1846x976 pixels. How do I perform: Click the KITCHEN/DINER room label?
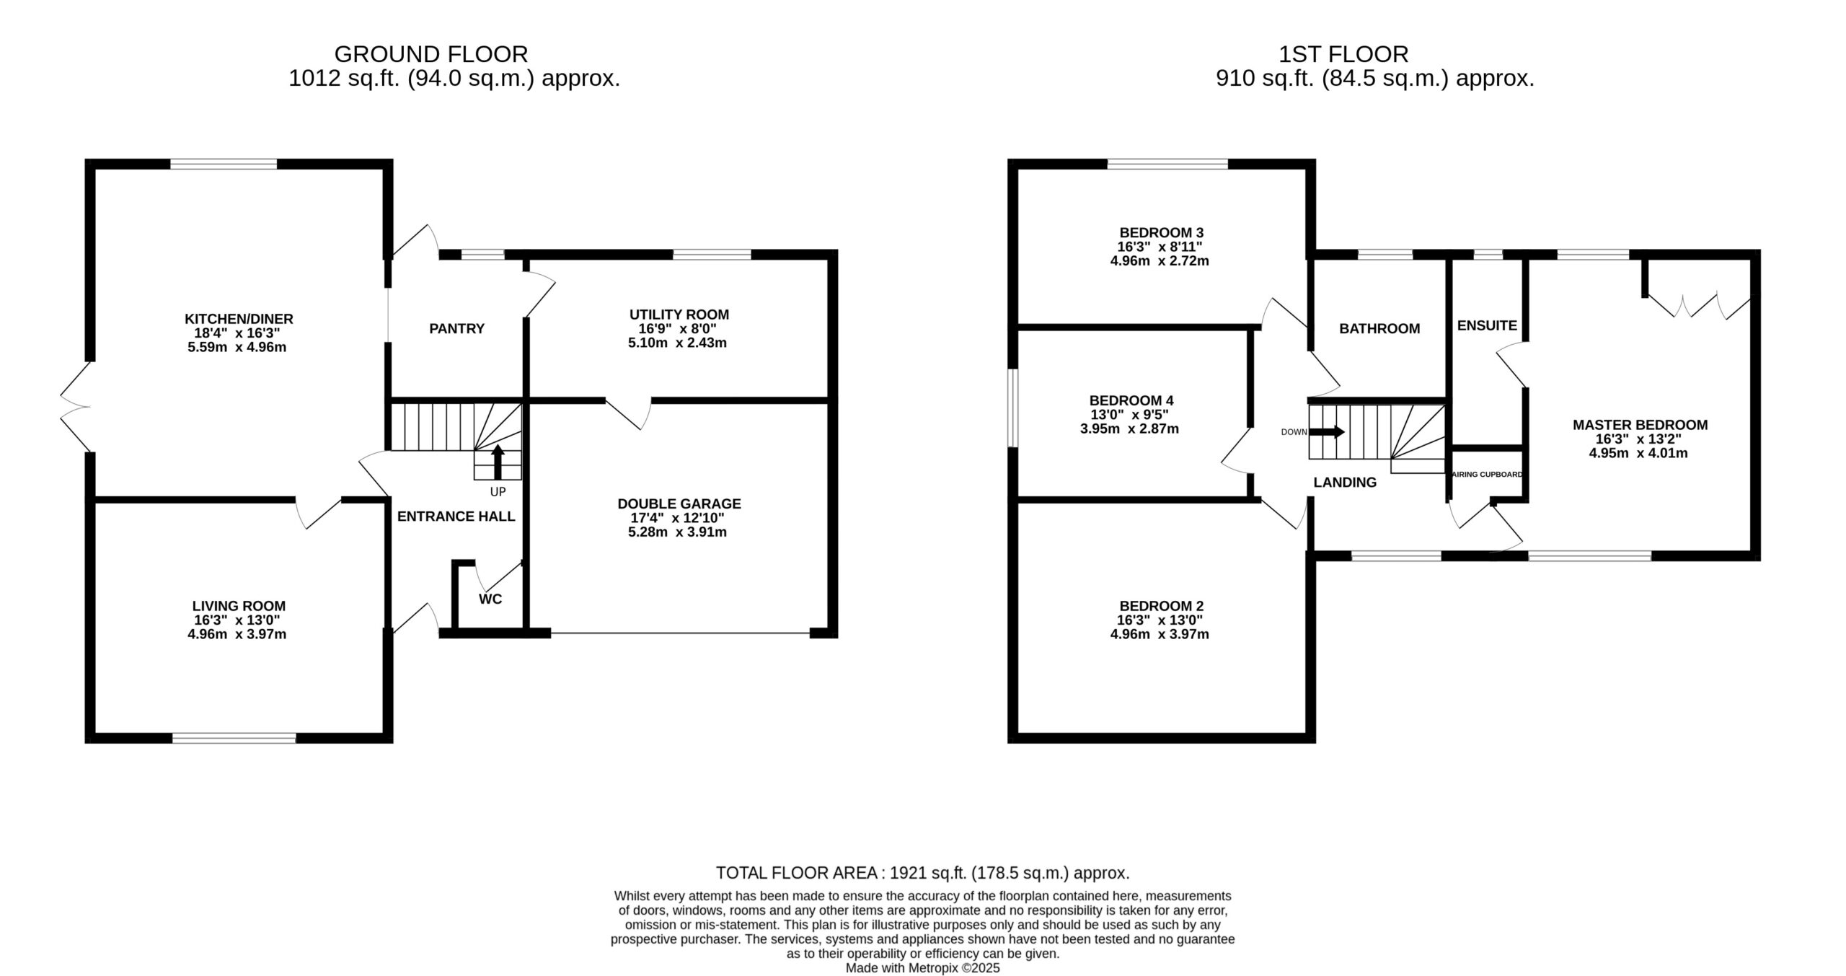click(x=239, y=319)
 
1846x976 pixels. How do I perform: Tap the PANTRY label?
click(x=456, y=329)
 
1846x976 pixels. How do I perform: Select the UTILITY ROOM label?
click(x=679, y=315)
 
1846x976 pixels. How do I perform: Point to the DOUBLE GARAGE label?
click(x=679, y=504)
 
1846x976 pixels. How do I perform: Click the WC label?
click(x=490, y=599)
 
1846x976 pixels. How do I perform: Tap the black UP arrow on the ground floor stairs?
click(x=498, y=462)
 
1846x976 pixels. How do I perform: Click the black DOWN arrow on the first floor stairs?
click(x=1327, y=432)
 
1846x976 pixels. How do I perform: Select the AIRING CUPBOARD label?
click(x=1487, y=474)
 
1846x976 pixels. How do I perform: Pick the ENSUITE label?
click(x=1487, y=325)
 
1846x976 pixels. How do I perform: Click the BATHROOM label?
click(x=1379, y=329)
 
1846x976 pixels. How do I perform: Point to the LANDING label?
click(x=1345, y=483)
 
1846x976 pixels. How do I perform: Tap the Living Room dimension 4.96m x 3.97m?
click(x=237, y=634)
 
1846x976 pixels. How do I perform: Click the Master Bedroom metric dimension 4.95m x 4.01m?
click(x=1638, y=453)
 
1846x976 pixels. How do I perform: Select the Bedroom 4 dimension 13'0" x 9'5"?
click(x=1129, y=415)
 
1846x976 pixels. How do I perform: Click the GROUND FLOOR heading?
click(x=431, y=54)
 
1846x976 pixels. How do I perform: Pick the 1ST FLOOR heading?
click(x=1343, y=54)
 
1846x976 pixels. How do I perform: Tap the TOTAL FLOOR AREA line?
click(x=922, y=873)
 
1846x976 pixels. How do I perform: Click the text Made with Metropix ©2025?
click(x=923, y=968)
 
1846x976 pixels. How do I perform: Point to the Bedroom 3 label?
click(x=1161, y=233)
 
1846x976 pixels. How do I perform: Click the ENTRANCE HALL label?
click(x=456, y=516)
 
